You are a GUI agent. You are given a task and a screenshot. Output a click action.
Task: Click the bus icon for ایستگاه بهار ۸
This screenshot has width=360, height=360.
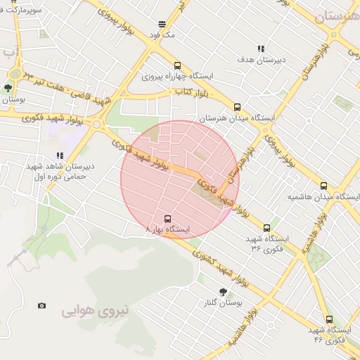tap(167, 219)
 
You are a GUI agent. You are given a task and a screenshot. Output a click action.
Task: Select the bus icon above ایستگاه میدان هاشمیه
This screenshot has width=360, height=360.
tap(323, 186)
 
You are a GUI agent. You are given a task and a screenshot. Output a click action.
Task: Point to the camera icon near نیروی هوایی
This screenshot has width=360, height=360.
tap(42, 305)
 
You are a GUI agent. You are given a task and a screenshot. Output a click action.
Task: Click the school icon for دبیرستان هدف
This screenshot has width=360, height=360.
tap(261, 49)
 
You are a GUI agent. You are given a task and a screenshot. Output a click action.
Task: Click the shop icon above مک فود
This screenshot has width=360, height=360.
tap(163, 22)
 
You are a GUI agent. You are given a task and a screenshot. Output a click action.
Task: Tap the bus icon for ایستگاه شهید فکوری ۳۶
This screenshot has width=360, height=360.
tap(266, 228)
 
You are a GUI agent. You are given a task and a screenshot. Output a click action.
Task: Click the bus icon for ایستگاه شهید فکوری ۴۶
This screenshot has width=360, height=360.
tap(329, 319)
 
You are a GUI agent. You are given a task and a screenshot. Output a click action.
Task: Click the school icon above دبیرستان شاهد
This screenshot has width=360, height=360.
tap(60, 155)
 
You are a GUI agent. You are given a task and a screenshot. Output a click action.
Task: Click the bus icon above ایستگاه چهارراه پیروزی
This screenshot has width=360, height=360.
tap(177, 62)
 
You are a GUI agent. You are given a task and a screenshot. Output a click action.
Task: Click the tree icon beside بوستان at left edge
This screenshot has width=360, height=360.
tap(8, 89)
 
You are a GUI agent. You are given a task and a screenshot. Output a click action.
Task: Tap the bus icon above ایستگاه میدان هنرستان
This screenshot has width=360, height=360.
tap(237, 108)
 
